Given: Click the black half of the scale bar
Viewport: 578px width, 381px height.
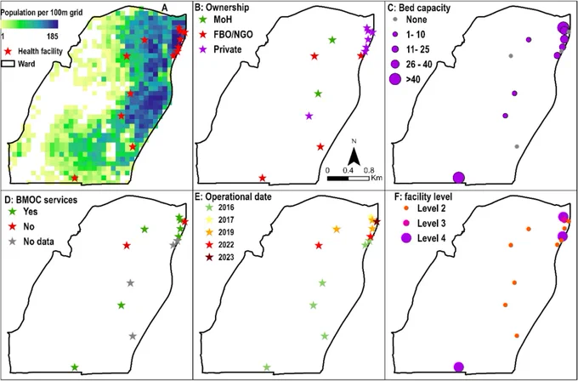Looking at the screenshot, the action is [x=338, y=179].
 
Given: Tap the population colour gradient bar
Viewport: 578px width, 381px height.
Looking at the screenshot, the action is [x=30, y=25].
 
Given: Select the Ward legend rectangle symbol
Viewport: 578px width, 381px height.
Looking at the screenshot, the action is [x=8, y=64].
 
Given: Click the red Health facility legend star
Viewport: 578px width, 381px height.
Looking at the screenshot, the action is [x=8, y=51].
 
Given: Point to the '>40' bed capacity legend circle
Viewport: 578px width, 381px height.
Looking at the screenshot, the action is [x=395, y=79].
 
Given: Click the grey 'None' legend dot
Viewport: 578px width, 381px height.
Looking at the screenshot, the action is [x=395, y=20].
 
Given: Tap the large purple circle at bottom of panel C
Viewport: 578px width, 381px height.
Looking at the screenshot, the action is [x=458, y=178].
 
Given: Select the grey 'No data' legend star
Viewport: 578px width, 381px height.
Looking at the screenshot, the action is [x=13, y=242].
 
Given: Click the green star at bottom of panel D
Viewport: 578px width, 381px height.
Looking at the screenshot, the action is [x=75, y=367].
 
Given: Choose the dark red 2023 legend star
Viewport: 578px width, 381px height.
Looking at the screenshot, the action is [x=209, y=257].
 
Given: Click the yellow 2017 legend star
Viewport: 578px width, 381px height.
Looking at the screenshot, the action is [x=209, y=219].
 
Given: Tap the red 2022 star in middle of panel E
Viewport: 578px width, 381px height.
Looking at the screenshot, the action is [x=319, y=245].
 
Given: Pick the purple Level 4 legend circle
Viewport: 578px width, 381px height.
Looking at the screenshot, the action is [x=405, y=238].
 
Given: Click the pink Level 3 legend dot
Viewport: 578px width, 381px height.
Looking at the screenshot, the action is [x=405, y=223].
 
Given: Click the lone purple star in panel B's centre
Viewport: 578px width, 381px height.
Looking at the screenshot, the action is [x=309, y=116].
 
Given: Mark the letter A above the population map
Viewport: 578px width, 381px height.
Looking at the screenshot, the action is [x=165, y=6].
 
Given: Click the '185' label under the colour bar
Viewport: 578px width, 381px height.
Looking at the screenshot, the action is [x=53, y=37].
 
